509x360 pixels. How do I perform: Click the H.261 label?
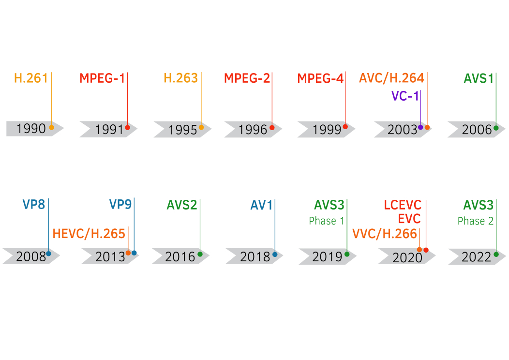click(31, 78)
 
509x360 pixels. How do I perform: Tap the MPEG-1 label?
click(102, 78)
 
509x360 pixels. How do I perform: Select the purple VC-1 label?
click(405, 96)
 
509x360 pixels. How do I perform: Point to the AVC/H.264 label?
click(391, 78)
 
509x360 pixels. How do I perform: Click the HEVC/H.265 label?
click(89, 234)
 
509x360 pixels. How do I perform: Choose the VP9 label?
click(120, 205)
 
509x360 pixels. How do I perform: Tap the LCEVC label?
click(403, 205)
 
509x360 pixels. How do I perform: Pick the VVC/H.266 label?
click(385, 234)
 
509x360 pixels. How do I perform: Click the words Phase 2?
click(476, 221)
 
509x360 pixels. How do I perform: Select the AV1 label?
click(261, 205)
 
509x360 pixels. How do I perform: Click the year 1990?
click(31, 129)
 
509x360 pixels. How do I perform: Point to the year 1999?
click(327, 130)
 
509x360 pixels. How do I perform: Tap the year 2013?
click(110, 257)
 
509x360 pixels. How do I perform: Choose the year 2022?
click(477, 257)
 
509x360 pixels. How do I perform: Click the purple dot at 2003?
click(420, 127)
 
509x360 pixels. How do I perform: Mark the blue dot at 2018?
click(275, 255)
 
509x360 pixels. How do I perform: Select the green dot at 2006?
click(496, 128)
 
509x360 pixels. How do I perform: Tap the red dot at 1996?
click(272, 128)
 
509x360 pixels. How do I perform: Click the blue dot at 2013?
click(134, 253)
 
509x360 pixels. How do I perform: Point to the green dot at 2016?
click(200, 254)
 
